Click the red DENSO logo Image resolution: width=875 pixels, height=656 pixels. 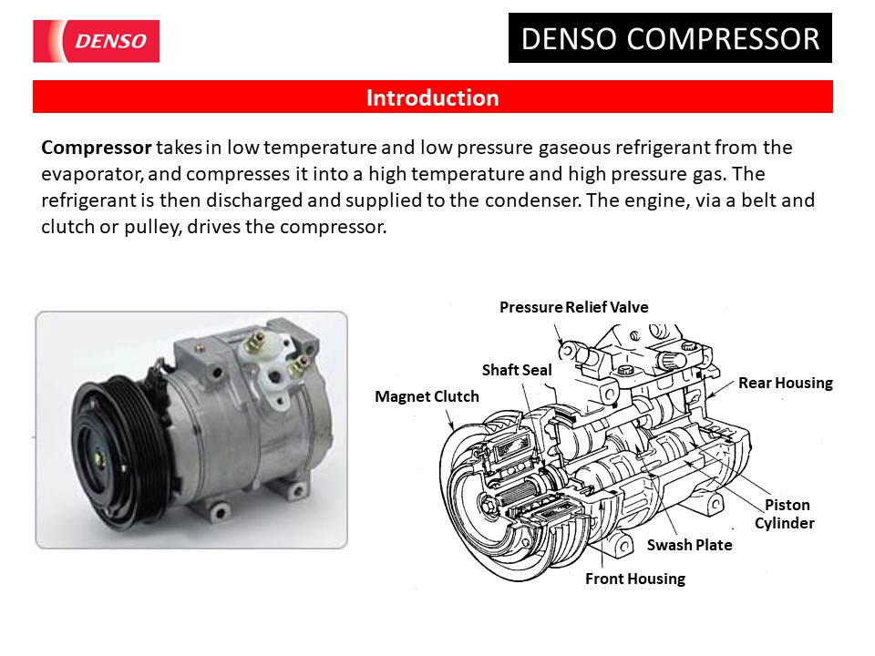pos(96,41)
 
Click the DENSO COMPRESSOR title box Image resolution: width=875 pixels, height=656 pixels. pos(670,39)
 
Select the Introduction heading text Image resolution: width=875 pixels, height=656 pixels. pos(432,97)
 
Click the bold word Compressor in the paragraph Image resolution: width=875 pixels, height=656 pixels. pos(96,148)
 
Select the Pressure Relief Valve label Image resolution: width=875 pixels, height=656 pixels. pos(573,307)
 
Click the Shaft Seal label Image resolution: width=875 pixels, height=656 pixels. pos(517,370)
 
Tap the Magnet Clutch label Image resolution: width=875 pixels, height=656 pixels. pos(427,396)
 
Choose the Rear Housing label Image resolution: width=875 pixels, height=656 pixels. pos(785,383)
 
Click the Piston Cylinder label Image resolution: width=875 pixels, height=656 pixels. pos(785,514)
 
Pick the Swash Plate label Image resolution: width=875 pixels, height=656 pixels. pos(689,545)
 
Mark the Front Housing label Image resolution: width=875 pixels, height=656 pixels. pos(634,579)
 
